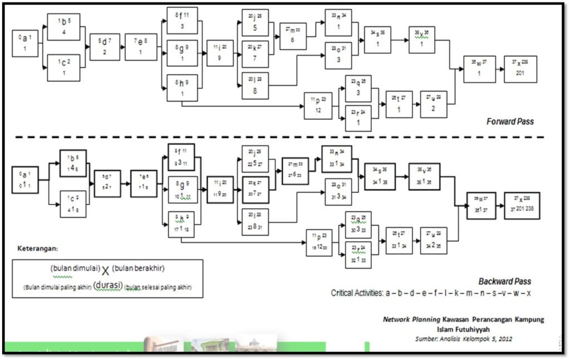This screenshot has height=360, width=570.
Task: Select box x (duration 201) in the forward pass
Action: pos(520,69)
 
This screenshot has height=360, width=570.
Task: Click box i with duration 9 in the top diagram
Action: pos(220,53)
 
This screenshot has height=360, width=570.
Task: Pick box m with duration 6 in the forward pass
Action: pos(293,36)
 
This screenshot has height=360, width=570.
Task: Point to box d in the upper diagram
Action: pos(105,47)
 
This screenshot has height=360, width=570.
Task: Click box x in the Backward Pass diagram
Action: pos(522,206)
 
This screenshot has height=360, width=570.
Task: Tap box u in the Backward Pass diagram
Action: pos(434,240)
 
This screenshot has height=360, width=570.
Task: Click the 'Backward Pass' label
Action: pos(504,282)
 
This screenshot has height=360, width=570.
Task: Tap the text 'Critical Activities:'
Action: pos(357,293)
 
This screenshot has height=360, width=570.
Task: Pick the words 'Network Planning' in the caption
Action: pos(411,319)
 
